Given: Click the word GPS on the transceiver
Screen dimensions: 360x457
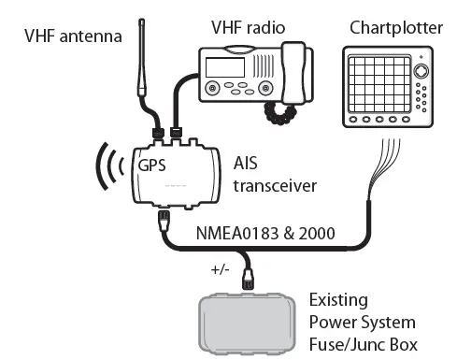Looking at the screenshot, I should pyautogui.click(x=153, y=166).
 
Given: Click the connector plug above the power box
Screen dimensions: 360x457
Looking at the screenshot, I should pyautogui.click(x=249, y=278).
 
